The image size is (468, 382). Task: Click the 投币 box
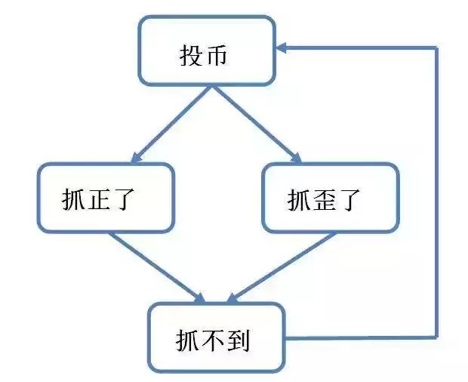click(207, 51)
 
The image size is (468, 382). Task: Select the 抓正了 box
click(106, 198)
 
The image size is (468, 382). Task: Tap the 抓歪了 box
click(331, 198)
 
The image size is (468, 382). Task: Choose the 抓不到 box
click(217, 337)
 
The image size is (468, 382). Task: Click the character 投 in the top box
click(191, 55)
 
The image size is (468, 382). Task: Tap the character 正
click(98, 199)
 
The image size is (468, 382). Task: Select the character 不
click(212, 340)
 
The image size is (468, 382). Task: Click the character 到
click(238, 340)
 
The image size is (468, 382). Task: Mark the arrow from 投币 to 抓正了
click(171, 125)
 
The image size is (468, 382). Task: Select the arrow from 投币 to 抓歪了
click(257, 125)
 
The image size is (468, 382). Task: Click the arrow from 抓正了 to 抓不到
click(157, 267)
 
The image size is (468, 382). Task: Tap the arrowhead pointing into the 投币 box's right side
click(282, 48)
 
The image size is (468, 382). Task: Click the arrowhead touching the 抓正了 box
click(136, 159)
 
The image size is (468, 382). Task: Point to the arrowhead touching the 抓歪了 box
click(296, 159)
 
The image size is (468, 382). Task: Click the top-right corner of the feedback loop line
click(436, 48)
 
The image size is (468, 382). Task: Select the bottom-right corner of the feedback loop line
click(436, 337)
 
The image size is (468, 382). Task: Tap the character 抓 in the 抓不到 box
click(187, 340)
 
